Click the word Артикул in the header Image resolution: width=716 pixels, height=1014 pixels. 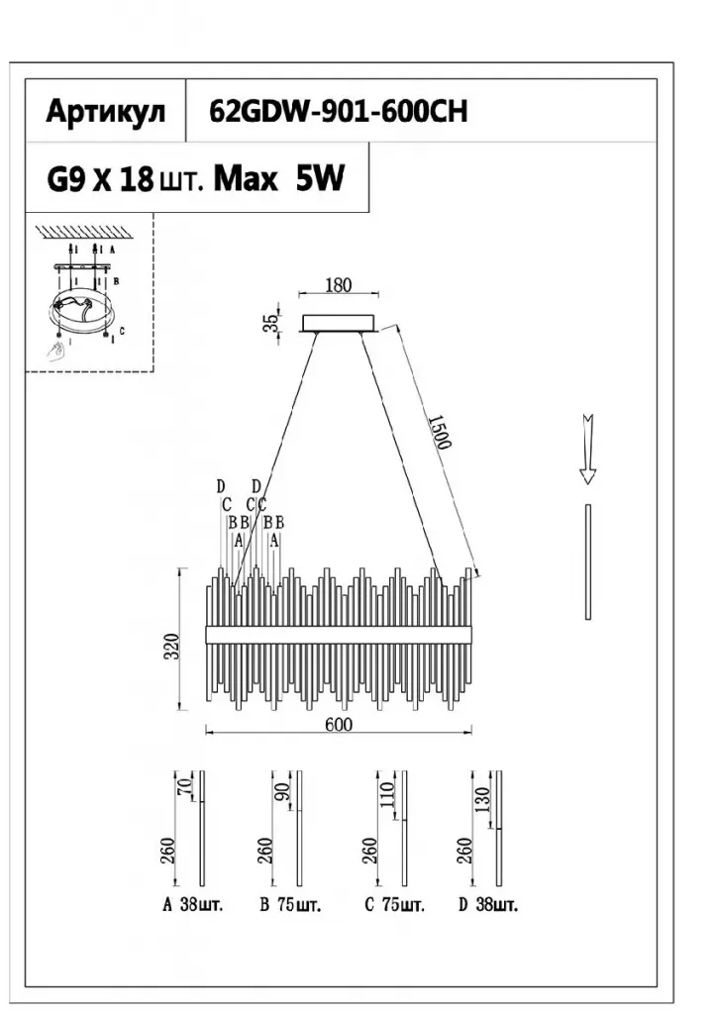tap(106, 112)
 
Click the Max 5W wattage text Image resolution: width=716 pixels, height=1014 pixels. tap(278, 179)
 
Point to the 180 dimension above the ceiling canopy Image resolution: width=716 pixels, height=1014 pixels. tap(339, 286)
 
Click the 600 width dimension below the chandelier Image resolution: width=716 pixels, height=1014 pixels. tap(339, 724)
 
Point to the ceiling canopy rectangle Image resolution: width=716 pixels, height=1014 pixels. tap(339, 323)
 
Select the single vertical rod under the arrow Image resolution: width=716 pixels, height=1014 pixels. tap(588, 561)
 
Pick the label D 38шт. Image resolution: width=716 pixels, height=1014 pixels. tap(488, 905)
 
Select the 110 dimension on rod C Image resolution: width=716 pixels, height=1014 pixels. tap(387, 794)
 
